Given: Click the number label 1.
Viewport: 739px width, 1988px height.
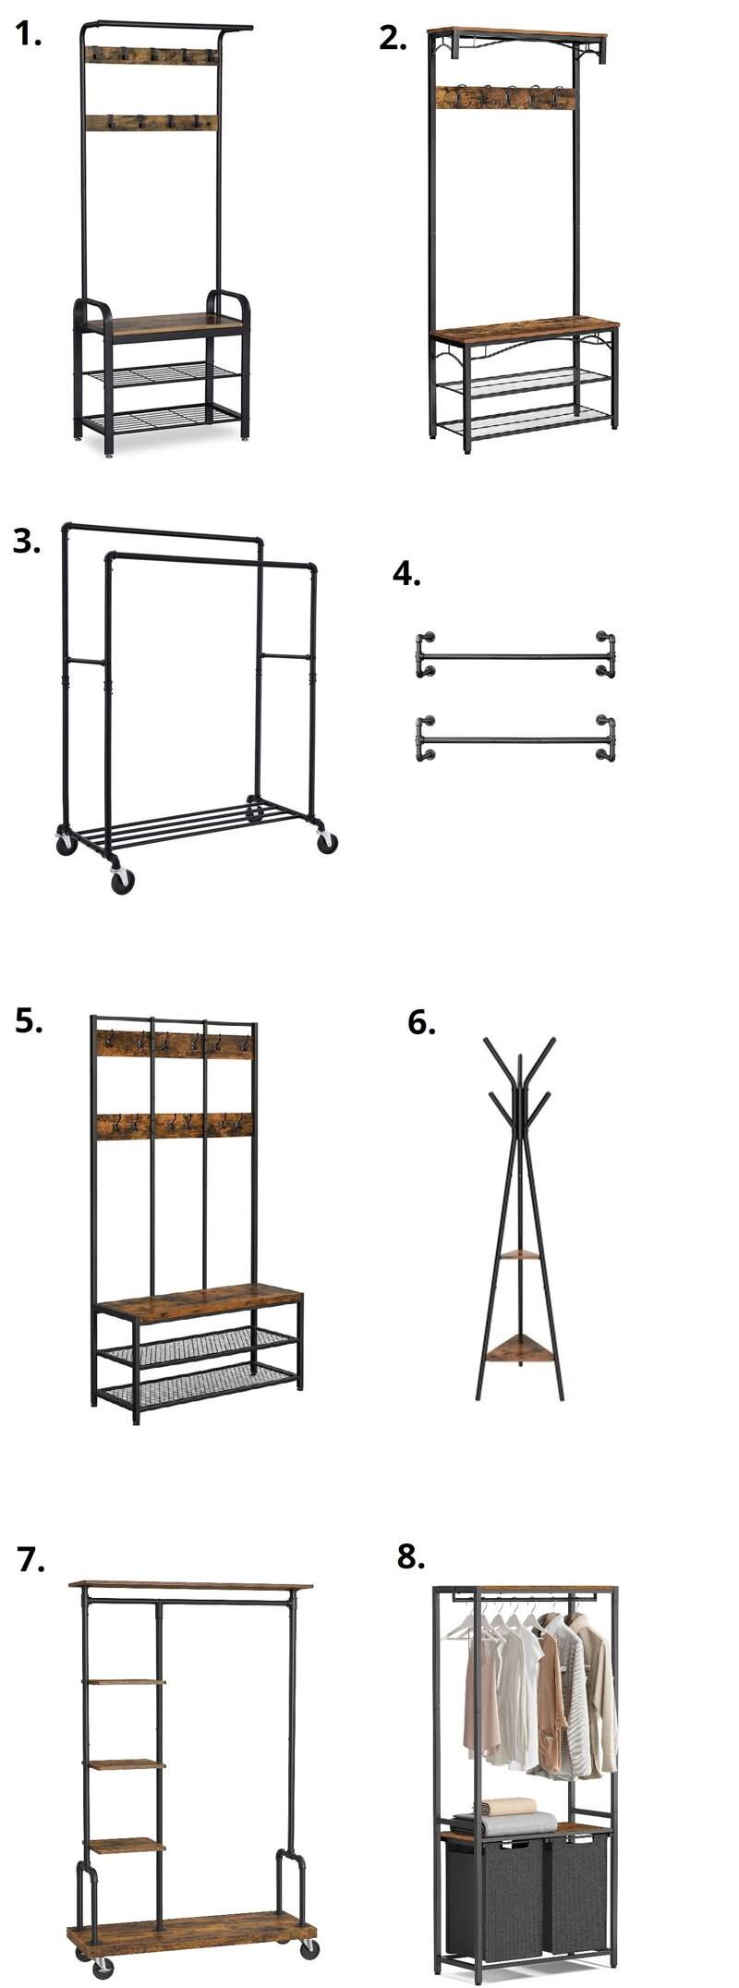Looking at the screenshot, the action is click(30, 36).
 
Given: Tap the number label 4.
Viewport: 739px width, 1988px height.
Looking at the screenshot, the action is click(406, 574).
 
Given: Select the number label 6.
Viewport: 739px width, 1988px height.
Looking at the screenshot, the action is click(421, 1023).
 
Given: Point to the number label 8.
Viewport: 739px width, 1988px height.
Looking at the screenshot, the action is click(411, 1556).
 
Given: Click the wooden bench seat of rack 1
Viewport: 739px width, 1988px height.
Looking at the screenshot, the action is click(163, 323).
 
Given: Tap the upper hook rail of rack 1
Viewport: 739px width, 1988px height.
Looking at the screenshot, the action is click(151, 55).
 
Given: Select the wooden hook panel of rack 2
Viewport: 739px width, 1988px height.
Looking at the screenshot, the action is click(504, 96).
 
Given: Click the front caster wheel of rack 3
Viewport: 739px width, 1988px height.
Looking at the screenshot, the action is click(122, 881).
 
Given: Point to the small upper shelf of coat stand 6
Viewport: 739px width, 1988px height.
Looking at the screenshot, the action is click(519, 1253).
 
